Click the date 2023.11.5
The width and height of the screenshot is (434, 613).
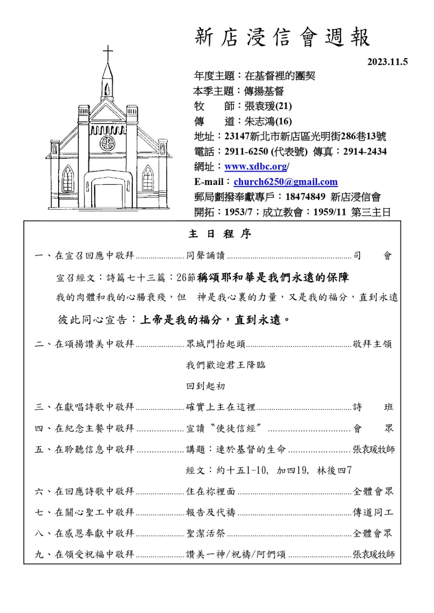(387, 62)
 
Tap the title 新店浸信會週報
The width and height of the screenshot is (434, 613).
(282, 37)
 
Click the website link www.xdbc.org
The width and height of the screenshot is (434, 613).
(256, 167)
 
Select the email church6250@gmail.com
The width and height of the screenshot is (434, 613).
(285, 182)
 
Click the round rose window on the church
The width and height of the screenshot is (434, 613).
(107, 143)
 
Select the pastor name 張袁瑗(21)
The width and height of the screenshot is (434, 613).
(268, 106)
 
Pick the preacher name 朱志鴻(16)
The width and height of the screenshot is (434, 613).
(268, 121)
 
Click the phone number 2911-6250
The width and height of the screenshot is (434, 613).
(246, 152)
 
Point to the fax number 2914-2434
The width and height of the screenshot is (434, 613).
(365, 152)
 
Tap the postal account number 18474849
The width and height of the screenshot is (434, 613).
(305, 197)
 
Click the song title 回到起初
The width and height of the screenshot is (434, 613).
(206, 386)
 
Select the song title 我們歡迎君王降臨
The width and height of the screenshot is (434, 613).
(226, 365)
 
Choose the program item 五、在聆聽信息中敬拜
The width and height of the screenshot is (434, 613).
(85, 449)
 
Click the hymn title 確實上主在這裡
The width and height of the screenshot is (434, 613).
(220, 407)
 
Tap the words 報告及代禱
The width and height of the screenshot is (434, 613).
(210, 513)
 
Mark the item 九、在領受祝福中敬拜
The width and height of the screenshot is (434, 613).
(85, 554)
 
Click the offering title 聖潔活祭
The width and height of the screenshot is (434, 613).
(206, 534)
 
